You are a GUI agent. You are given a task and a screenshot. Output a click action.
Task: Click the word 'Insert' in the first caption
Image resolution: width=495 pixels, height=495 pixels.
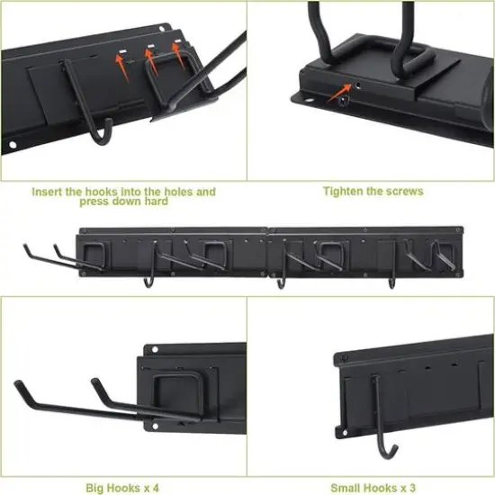click(x=47, y=192)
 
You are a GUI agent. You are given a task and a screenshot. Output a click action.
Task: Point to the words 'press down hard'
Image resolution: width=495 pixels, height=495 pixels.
click(x=123, y=202)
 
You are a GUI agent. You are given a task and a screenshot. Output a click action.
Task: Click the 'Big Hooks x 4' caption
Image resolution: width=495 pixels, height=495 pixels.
click(x=122, y=487)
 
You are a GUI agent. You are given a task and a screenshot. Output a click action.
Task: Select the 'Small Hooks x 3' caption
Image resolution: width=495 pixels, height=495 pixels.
click(x=372, y=487)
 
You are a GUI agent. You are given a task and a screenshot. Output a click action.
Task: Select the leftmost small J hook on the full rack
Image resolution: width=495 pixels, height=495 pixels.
click(x=147, y=281)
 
